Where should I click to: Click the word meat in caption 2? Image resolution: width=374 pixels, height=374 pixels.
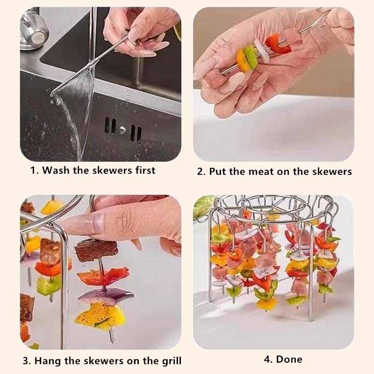pyautogui.click(x=260, y=172)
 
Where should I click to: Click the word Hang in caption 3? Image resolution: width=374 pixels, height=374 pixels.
pyautogui.click(x=46, y=360)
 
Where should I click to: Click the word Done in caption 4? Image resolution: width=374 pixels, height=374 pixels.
pyautogui.click(x=289, y=359)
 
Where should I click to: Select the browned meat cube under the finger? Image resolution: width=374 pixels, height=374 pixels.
pyautogui.click(x=96, y=250)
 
